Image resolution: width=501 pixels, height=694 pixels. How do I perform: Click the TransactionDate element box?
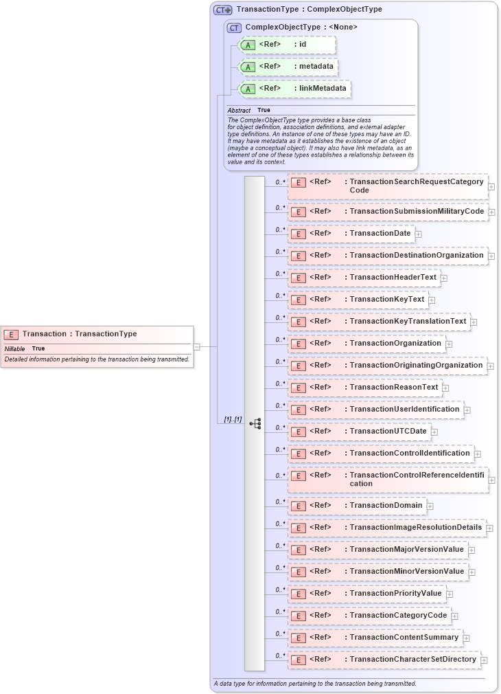click(351, 234)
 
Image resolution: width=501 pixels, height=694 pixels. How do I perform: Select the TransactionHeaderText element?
click(363, 278)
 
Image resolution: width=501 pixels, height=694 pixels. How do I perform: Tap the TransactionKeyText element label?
click(386, 300)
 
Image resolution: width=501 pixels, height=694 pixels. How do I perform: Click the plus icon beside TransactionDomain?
click(430, 506)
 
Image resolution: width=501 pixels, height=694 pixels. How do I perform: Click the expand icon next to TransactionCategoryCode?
click(455, 616)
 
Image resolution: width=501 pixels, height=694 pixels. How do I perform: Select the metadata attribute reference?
click(287, 67)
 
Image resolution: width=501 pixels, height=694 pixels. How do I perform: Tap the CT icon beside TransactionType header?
click(222, 10)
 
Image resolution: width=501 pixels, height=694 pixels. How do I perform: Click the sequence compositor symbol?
click(255, 423)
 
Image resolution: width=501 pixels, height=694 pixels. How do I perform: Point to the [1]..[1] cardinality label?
click(233, 419)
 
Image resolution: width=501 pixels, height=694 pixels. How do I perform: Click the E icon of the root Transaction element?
click(11, 335)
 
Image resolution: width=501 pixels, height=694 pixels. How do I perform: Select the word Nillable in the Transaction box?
click(14, 349)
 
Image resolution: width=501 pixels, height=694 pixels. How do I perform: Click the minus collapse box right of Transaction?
click(197, 347)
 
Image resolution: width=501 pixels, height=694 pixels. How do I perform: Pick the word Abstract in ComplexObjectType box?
click(239, 111)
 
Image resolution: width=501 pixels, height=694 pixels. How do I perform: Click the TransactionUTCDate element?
click(359, 432)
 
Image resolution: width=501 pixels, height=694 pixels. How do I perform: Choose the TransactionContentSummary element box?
click(375, 638)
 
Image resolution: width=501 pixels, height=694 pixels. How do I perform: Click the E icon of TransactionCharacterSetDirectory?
click(299, 660)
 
